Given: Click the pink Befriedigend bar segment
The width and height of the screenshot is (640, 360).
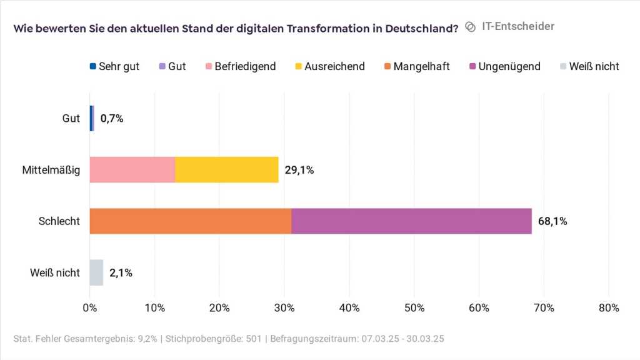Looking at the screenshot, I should click(132, 169).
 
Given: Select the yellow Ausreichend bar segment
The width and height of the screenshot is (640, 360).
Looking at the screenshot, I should click(227, 169).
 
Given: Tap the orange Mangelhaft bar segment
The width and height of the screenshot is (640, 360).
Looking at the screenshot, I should click(191, 221).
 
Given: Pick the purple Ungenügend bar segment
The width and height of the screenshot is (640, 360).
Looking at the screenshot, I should click(411, 221).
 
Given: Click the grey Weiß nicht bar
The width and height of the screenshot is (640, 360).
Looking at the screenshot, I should click(96, 272).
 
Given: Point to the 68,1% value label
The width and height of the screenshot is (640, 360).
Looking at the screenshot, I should click(552, 221).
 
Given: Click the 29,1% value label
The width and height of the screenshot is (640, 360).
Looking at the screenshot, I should click(299, 170).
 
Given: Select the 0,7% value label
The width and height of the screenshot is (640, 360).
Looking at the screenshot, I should click(112, 118).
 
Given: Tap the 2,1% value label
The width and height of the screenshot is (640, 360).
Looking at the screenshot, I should click(121, 272).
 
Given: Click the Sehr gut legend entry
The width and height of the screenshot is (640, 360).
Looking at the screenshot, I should click(115, 66).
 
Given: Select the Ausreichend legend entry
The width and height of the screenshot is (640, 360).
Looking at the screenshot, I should click(329, 66).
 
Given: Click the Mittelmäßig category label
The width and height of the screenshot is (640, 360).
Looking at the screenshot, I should click(51, 170).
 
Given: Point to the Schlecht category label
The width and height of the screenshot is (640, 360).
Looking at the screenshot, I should click(59, 221).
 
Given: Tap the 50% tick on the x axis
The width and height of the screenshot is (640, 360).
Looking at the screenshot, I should click(414, 307).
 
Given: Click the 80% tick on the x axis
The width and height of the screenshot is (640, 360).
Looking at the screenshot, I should click(609, 307).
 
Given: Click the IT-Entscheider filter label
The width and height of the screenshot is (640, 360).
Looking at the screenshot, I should click(518, 26).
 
